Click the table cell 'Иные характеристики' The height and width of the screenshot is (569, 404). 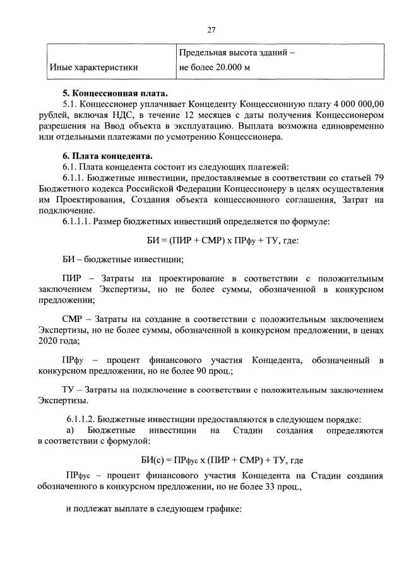coord(93,66)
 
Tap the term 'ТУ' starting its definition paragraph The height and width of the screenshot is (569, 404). coord(69,389)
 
